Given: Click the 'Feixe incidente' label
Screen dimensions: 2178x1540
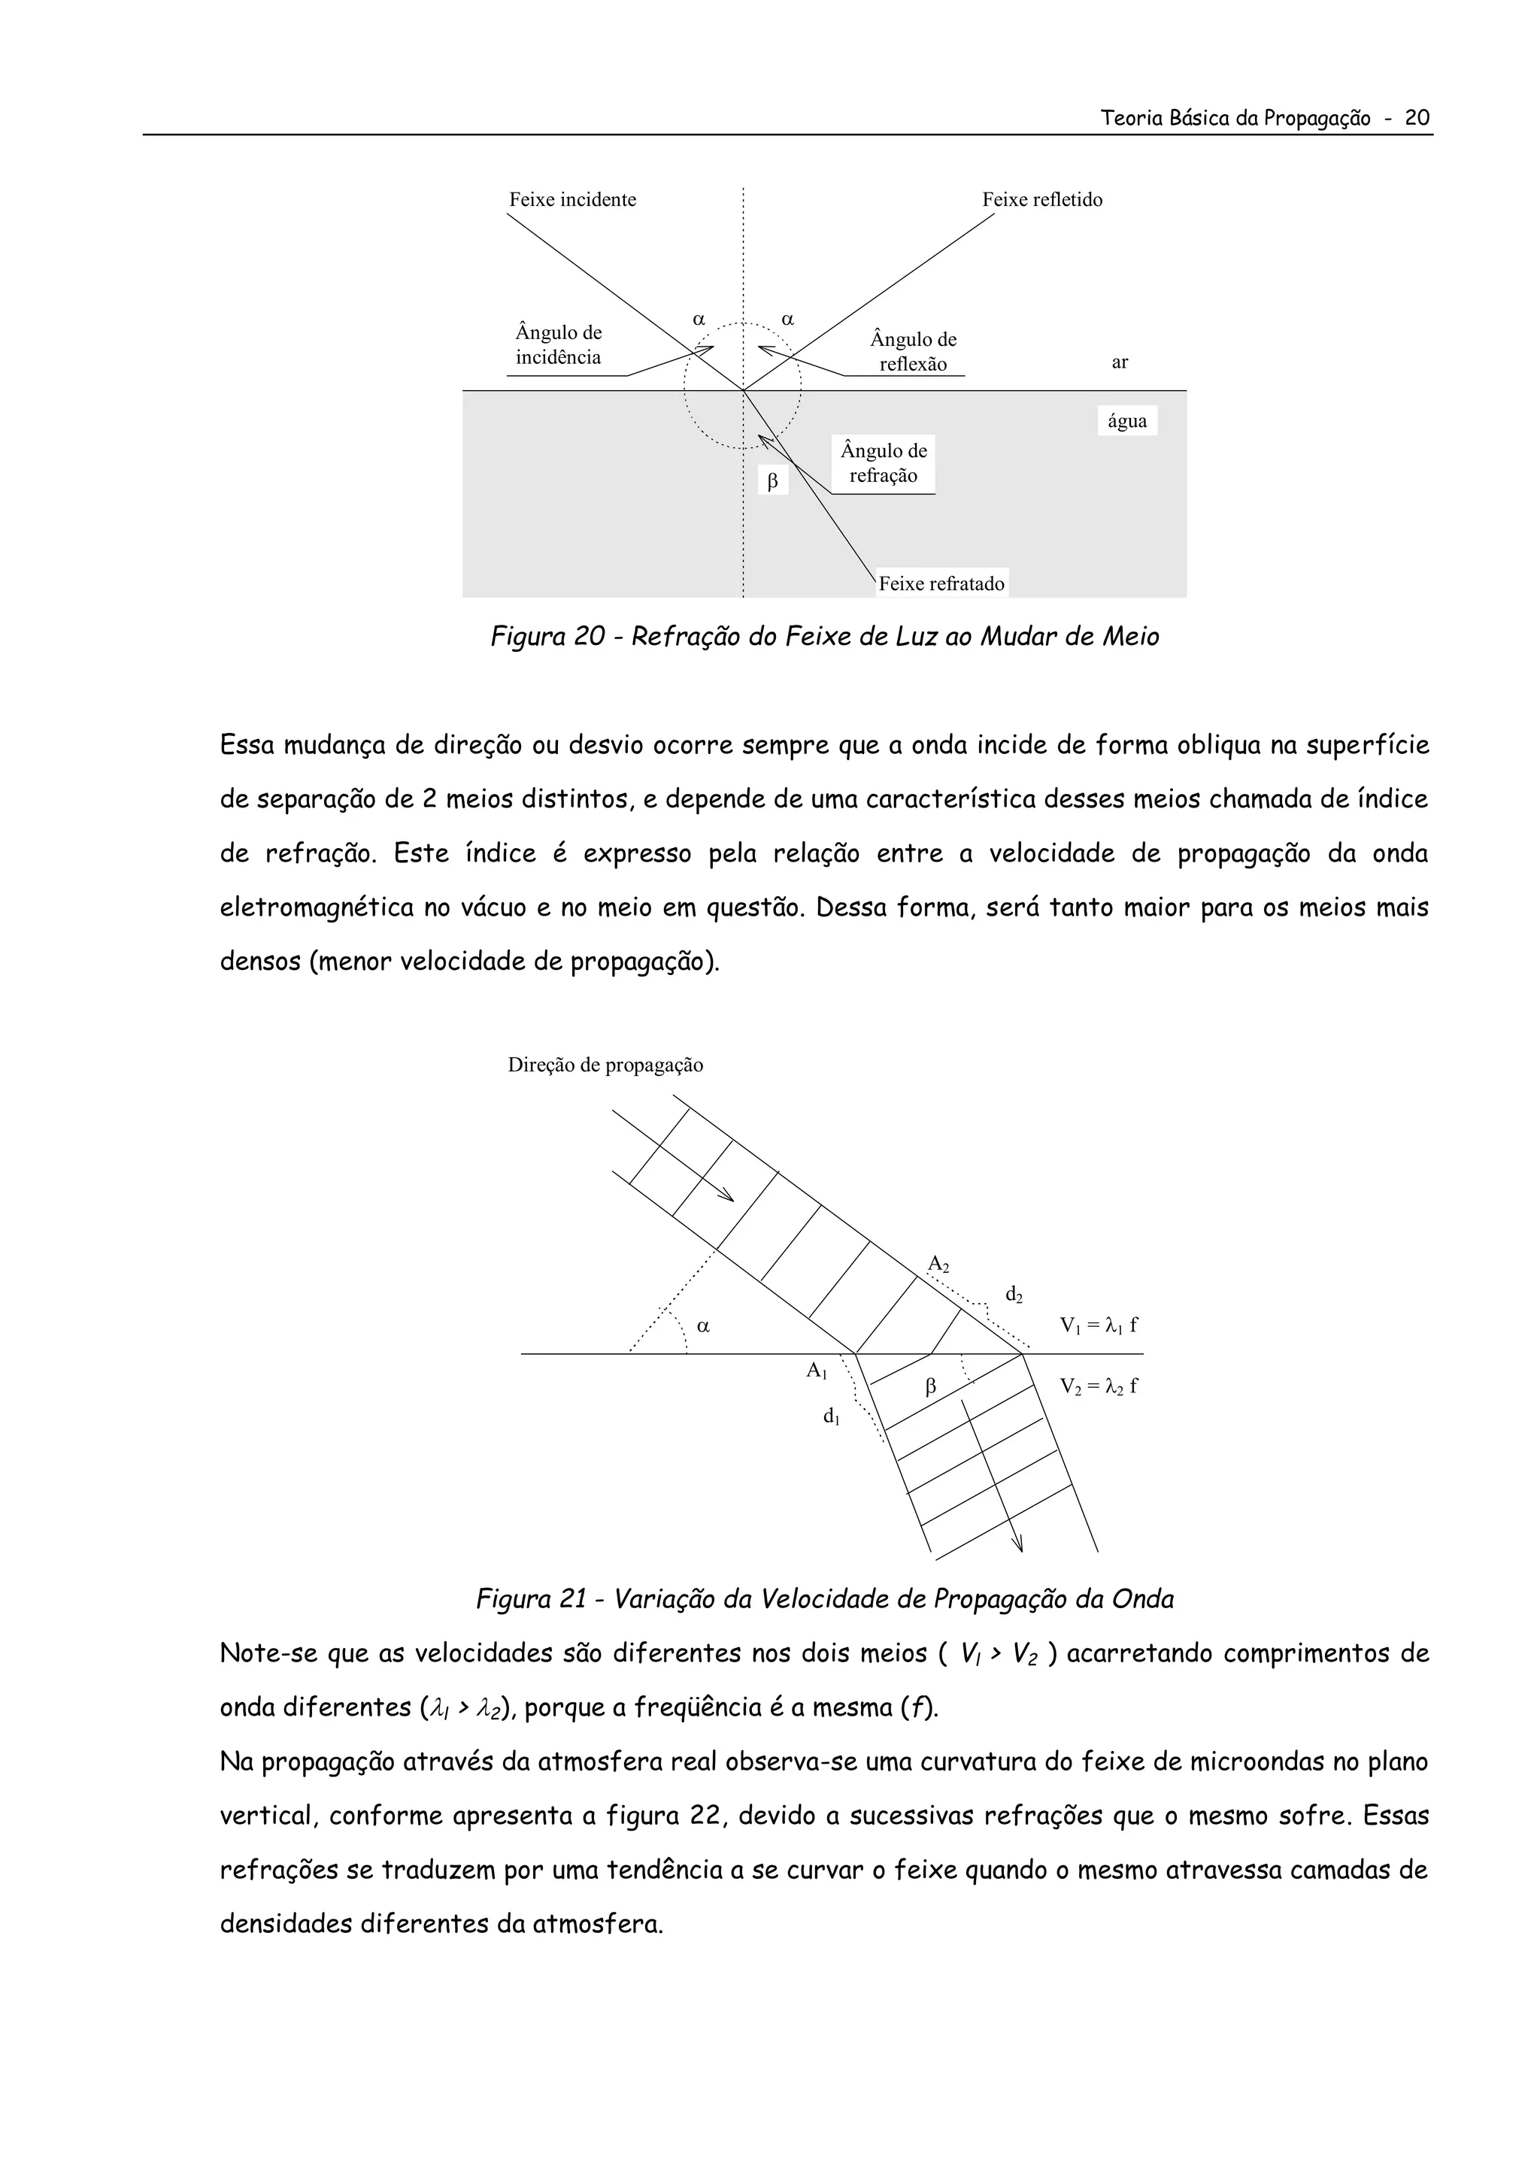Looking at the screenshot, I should click(572, 199).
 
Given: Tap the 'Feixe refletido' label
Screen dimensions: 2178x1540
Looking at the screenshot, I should click(1042, 199).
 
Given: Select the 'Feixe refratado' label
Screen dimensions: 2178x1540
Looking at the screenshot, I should click(941, 583).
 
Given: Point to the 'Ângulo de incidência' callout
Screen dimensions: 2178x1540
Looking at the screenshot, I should click(558, 345).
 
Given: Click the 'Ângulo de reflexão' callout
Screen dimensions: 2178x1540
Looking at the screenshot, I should click(913, 352).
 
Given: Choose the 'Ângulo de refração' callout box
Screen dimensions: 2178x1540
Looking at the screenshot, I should click(883, 463).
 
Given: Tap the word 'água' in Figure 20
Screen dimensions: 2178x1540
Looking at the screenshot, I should click(1126, 421).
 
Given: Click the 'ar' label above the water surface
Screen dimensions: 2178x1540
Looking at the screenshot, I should click(1120, 362).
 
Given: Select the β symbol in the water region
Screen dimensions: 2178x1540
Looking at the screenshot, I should click(772, 482).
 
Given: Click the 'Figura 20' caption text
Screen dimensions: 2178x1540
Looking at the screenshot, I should click(823, 637).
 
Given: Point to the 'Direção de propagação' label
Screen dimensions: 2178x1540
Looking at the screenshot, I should click(605, 1065).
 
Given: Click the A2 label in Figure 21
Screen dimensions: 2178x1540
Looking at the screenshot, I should click(938, 1264).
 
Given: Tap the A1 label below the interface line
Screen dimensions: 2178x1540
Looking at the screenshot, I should click(817, 1370).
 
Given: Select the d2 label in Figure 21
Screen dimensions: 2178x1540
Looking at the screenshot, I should click(1014, 1294).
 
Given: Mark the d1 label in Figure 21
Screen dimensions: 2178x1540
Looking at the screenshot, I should click(831, 1416).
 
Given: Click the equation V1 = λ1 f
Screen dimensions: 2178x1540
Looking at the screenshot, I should click(1099, 1326).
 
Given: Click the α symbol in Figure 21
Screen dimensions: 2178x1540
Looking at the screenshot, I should click(703, 1326).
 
